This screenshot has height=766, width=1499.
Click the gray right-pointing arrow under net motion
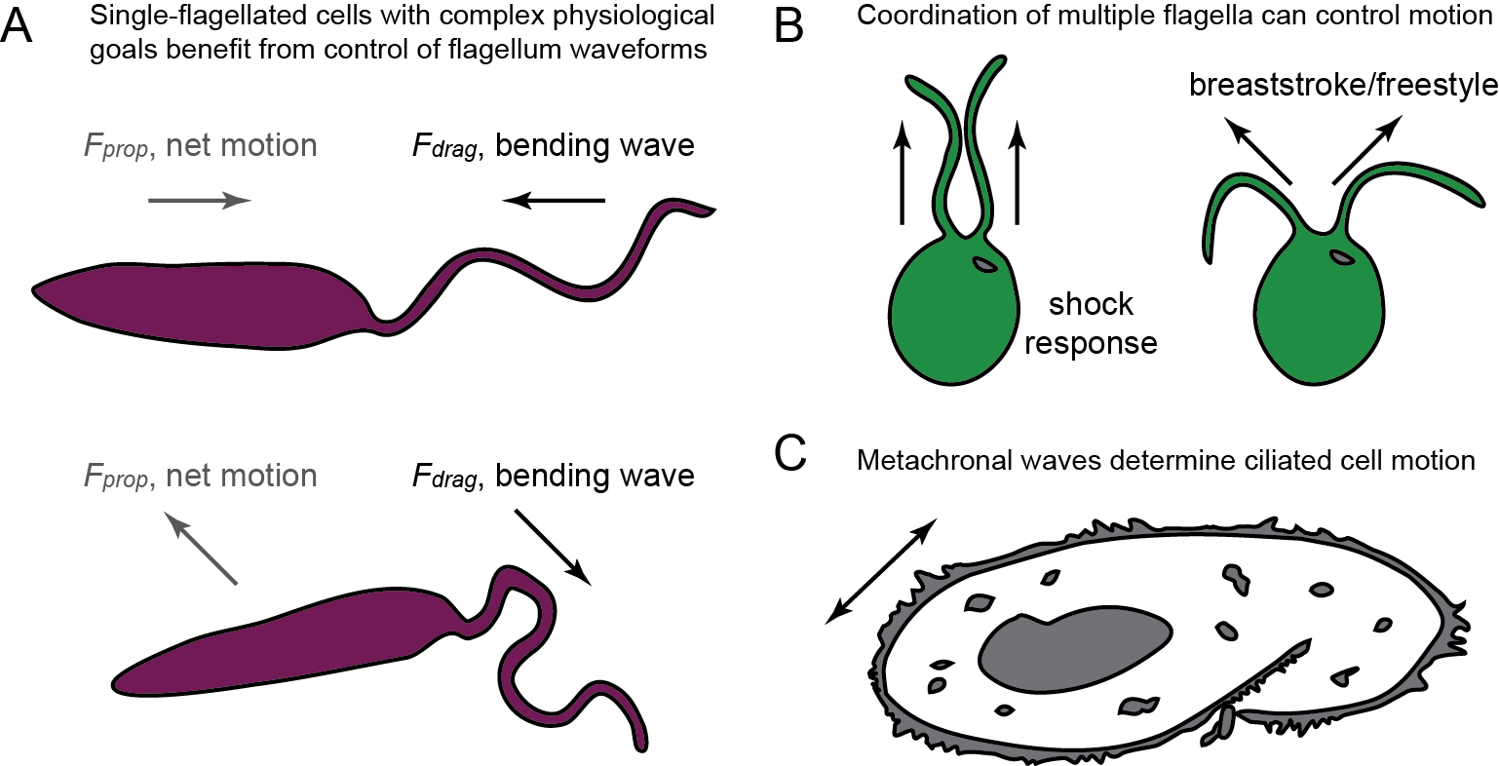tap(200, 202)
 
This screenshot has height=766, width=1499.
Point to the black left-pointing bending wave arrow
tap(554, 202)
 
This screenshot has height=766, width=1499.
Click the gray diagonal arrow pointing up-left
tap(202, 550)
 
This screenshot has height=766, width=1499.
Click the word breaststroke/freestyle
tap(1343, 86)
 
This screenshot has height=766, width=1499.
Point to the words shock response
tap(1091, 324)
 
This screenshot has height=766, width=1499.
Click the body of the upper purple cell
tap(195, 302)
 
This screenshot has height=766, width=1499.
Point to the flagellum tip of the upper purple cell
tap(711, 211)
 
